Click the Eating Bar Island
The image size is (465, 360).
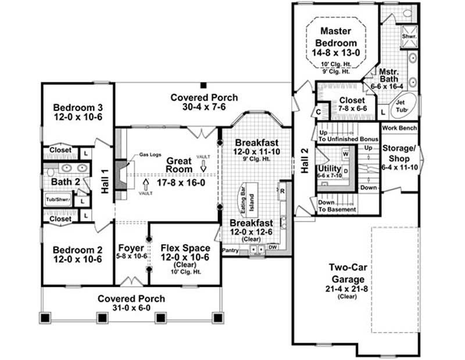pos(248,201)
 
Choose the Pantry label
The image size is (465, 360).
pos(231,251)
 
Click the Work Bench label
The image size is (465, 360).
pos(399,127)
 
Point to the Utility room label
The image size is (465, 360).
pos(329,168)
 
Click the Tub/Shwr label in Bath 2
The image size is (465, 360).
pos(58,199)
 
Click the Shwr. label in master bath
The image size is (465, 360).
pos(410,36)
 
